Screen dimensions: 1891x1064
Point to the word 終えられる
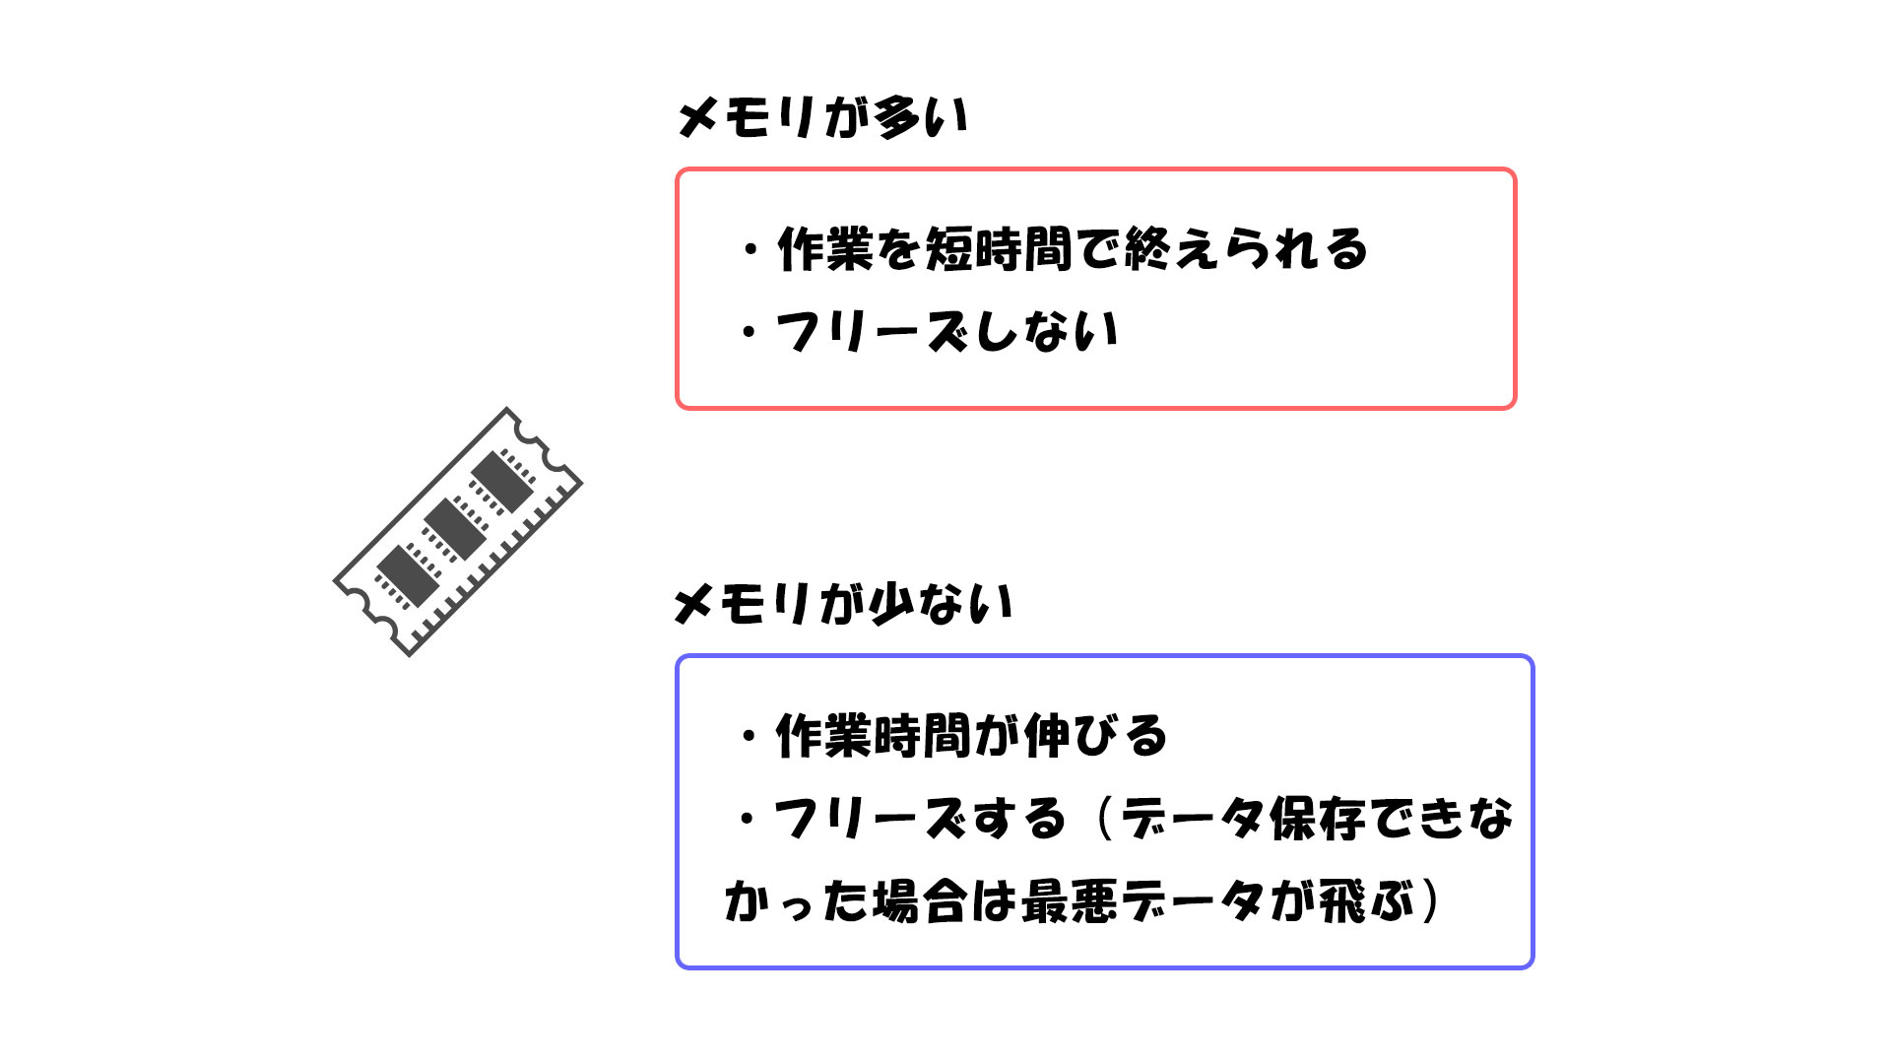pyautogui.click(x=1246, y=248)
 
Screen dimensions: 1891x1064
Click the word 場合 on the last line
pyautogui.click(x=918, y=900)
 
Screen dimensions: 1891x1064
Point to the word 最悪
pyautogui.click(x=1071, y=900)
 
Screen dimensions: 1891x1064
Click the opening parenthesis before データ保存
pyautogui.click(x=1103, y=819)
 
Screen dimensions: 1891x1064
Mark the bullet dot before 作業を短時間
pyautogui.click(x=751, y=249)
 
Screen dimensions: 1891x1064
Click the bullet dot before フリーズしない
pyautogui.click(x=750, y=332)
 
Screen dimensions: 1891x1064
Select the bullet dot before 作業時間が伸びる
pyautogui.click(x=750, y=736)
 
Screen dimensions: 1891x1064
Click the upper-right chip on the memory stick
pyautogui.click(x=502, y=482)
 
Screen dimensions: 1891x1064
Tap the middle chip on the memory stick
pyautogui.click(x=455, y=529)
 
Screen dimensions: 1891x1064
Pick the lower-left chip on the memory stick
pyautogui.click(x=408, y=576)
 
